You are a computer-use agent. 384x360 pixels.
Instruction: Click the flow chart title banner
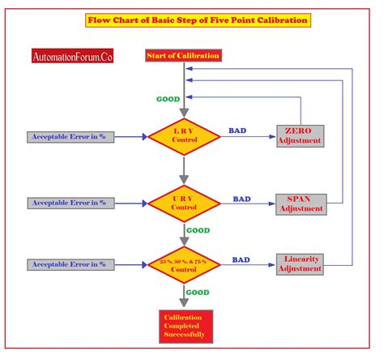(x=198, y=20)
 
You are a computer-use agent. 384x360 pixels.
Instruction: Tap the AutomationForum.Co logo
(x=73, y=58)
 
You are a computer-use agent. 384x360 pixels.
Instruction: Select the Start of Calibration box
(x=182, y=55)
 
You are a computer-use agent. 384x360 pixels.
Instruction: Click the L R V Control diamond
(x=184, y=136)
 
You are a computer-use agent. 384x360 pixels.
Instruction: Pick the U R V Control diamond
(x=184, y=203)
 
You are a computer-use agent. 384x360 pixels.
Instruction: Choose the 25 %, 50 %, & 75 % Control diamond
(x=184, y=265)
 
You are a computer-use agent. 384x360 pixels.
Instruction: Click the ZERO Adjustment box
(x=300, y=136)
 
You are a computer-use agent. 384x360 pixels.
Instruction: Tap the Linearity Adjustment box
(x=300, y=264)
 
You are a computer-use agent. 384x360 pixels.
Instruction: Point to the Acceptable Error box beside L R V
(x=69, y=137)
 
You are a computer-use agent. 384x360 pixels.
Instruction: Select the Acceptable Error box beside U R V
(x=69, y=202)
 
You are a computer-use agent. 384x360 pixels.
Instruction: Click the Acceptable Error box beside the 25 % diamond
(x=69, y=264)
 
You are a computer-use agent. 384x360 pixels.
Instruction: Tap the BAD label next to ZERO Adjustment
(x=238, y=130)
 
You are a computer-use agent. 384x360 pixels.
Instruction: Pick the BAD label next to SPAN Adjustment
(x=241, y=197)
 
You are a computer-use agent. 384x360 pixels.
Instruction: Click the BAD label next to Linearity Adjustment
(x=241, y=259)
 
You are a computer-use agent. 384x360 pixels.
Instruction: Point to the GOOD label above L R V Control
(x=168, y=99)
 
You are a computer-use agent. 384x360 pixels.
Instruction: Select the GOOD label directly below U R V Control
(x=198, y=229)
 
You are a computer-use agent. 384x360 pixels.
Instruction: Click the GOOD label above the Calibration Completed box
(x=198, y=292)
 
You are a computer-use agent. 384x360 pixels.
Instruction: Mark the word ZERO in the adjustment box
(x=300, y=131)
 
